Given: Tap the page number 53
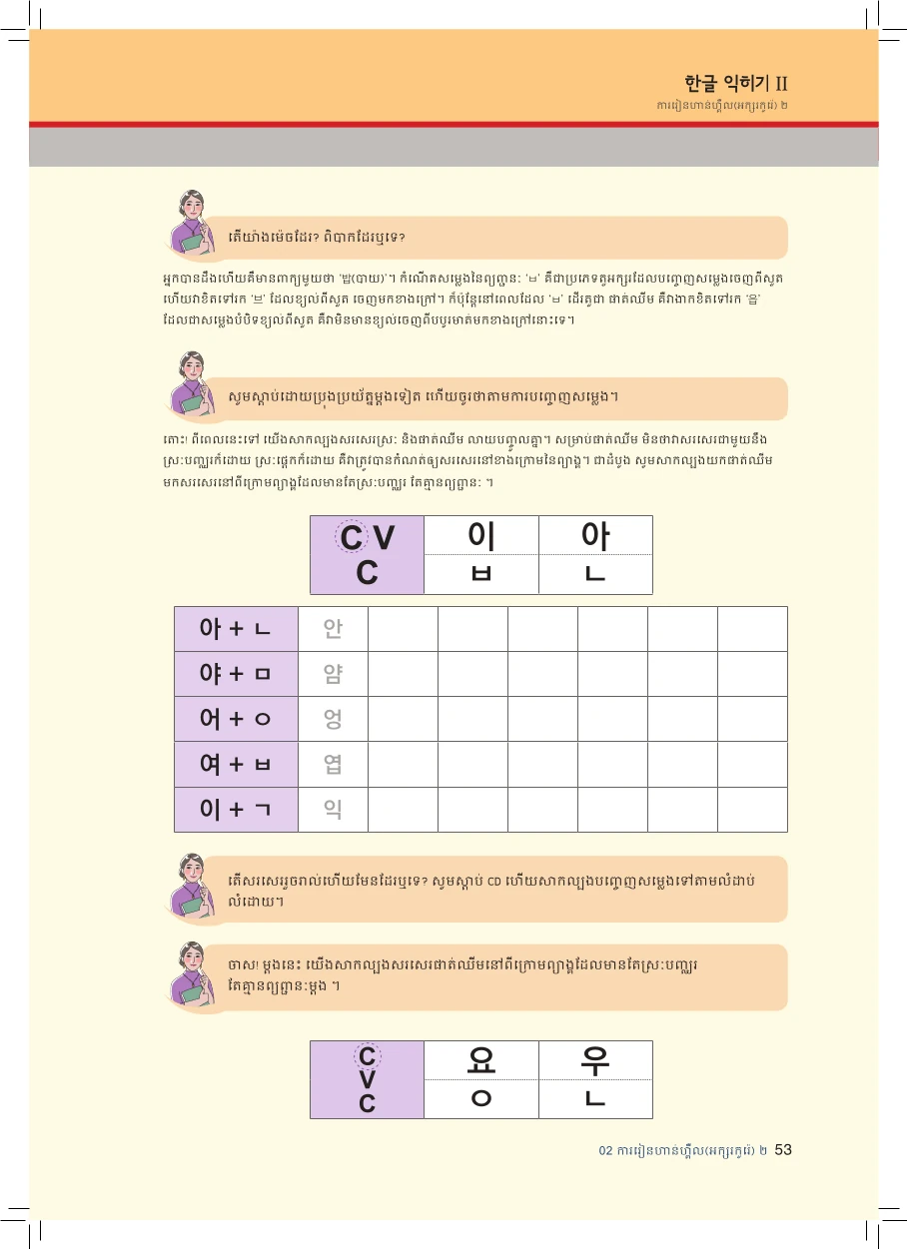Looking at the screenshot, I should [x=783, y=1150].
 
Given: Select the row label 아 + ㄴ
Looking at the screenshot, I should [x=236, y=629].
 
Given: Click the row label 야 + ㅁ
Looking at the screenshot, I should [x=236, y=674].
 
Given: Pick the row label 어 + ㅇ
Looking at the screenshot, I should [x=236, y=719].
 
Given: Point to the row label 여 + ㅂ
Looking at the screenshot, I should [x=236, y=764].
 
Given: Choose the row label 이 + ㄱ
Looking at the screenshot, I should [x=236, y=809].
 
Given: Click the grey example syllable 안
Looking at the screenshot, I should [x=333, y=629].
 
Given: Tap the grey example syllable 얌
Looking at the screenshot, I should [x=333, y=674].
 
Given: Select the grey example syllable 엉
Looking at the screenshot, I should [x=333, y=719].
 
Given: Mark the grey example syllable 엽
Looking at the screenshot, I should [x=333, y=765].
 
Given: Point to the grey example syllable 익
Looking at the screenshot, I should [x=333, y=809].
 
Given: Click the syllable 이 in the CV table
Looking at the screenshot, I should [x=481, y=536].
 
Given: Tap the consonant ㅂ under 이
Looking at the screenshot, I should [x=481, y=574].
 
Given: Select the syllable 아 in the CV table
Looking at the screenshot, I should [x=595, y=536].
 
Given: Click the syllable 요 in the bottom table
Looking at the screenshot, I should [x=481, y=1060].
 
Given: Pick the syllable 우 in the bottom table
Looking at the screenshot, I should [x=595, y=1060].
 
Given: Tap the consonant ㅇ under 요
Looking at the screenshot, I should [x=481, y=1098].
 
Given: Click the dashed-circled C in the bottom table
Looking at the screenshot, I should [x=367, y=1057].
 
